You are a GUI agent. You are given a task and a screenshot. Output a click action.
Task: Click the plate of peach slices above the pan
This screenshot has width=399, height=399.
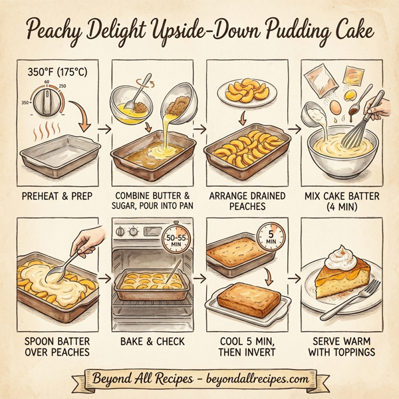(x=247, y=93)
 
